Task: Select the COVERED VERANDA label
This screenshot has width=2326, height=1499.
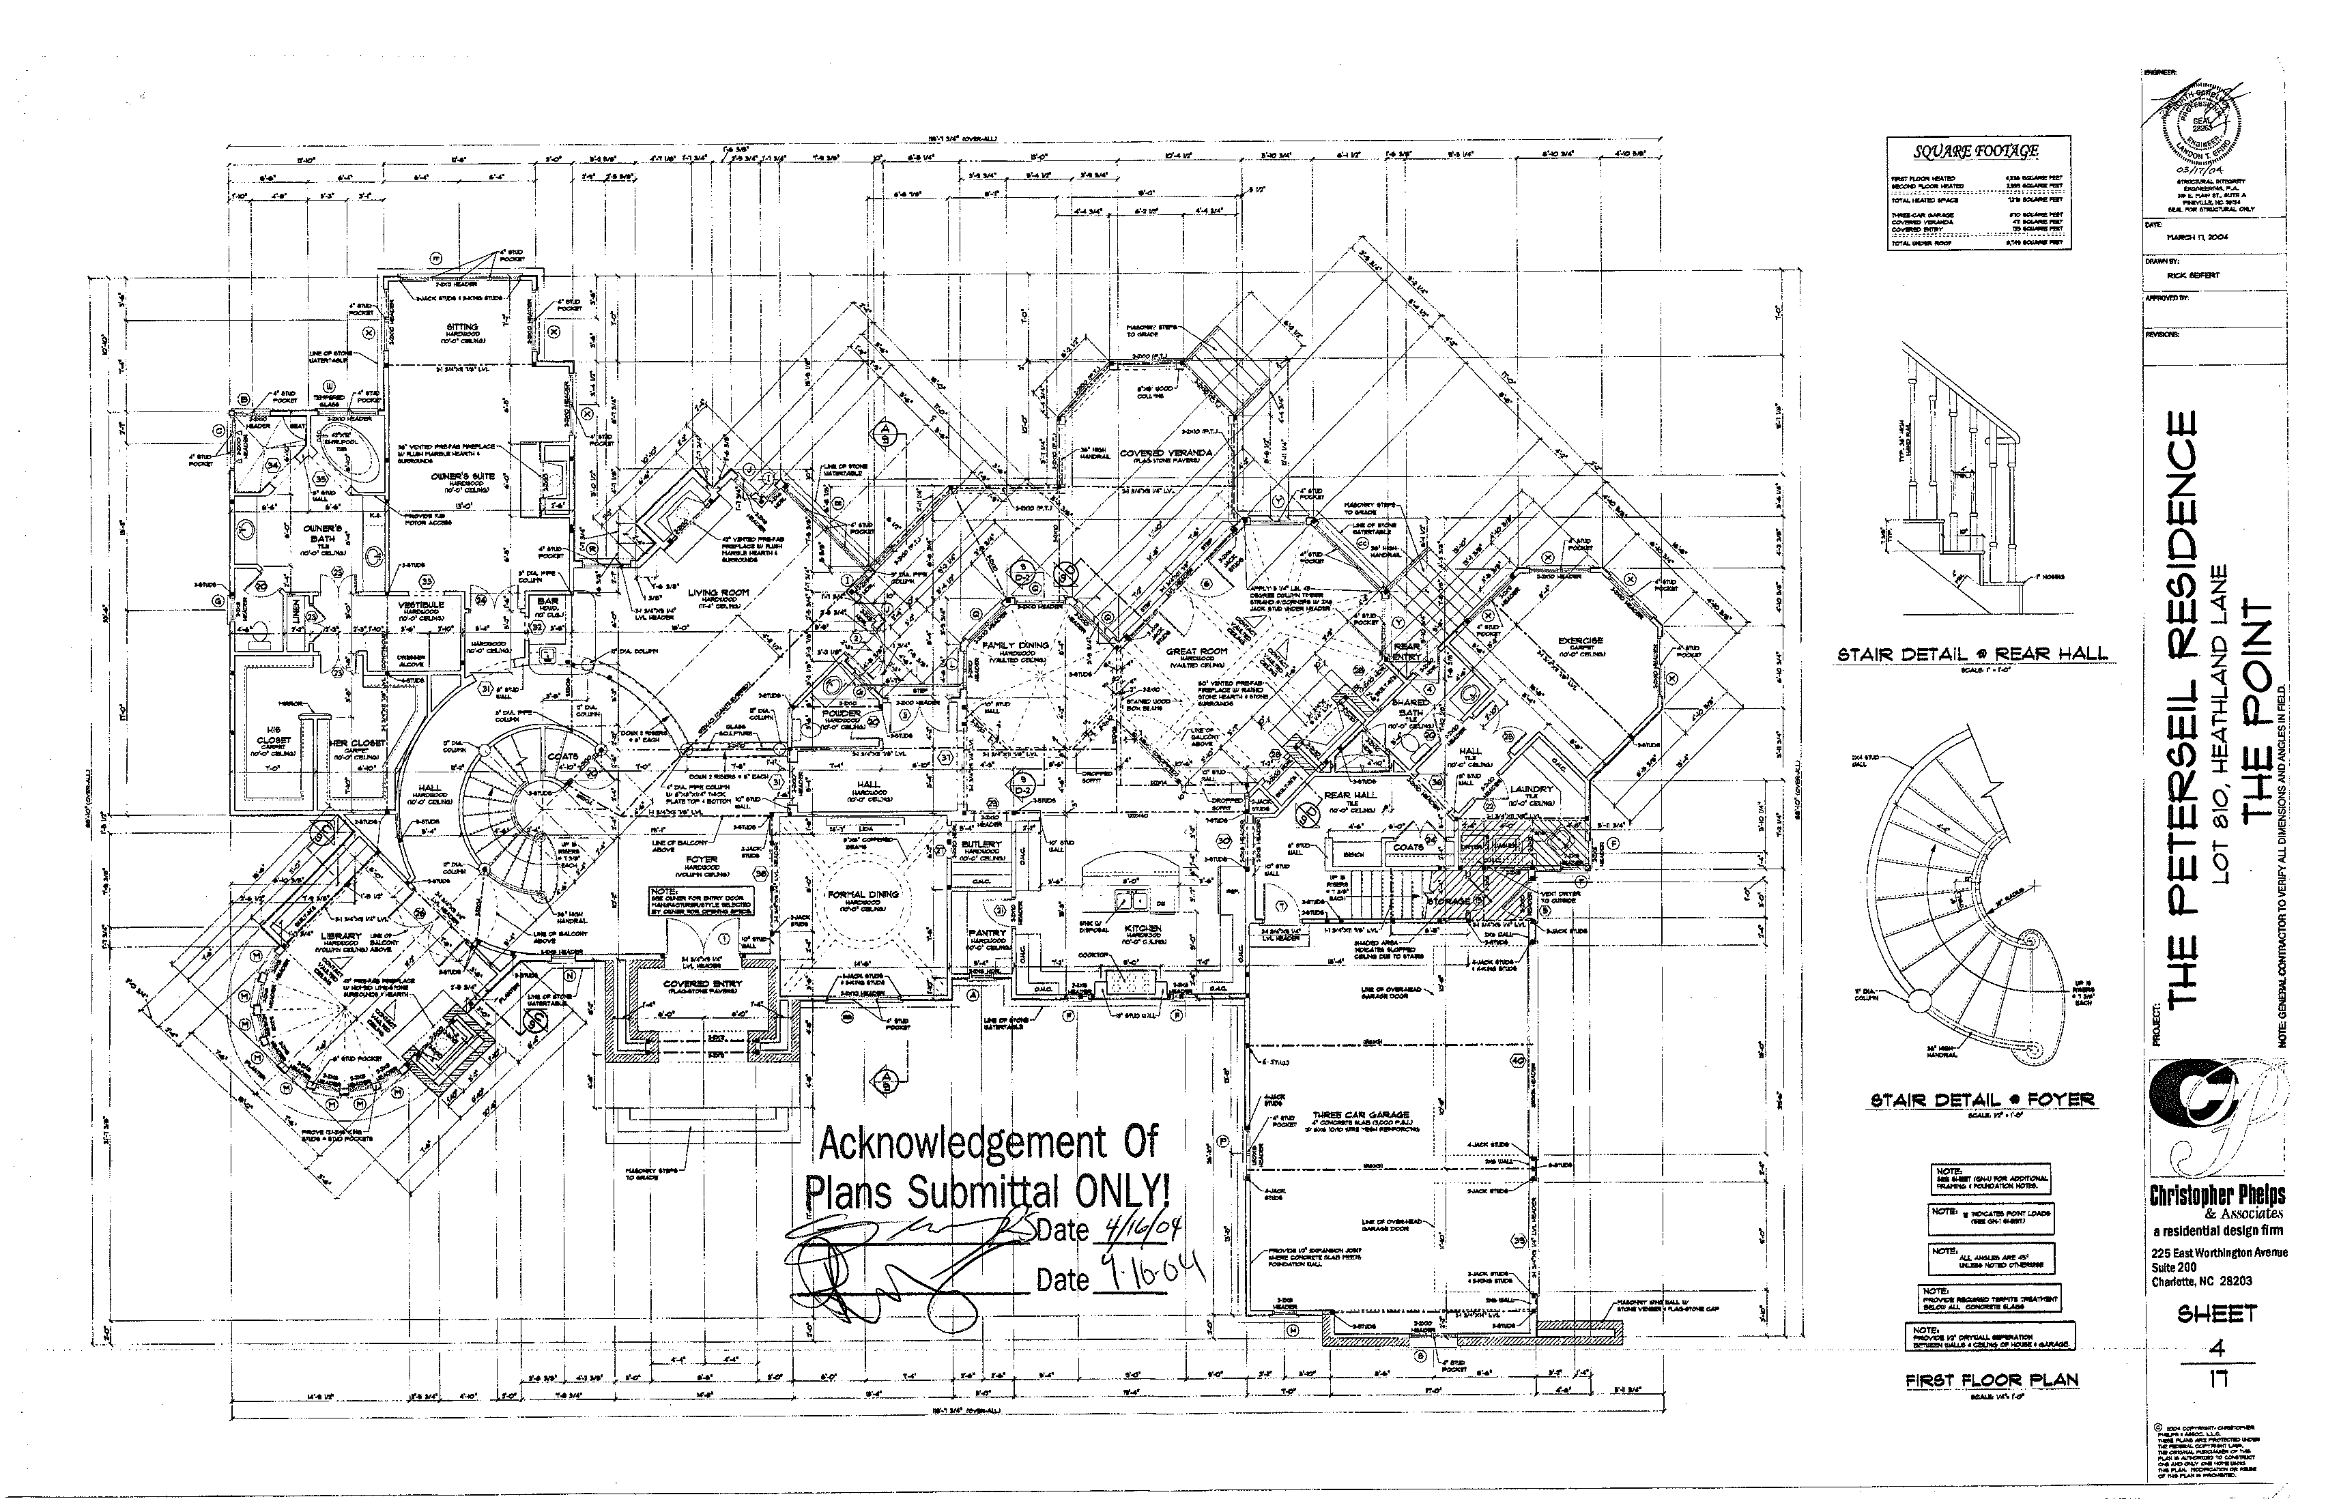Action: click(x=1166, y=454)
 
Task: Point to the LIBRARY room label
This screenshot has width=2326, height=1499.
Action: click(x=341, y=935)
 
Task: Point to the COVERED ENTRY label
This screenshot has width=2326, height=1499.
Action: click(x=702, y=984)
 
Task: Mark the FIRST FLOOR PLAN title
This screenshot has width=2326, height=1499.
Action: click(x=1991, y=1380)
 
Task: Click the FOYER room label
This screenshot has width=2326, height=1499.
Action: click(x=700, y=860)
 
